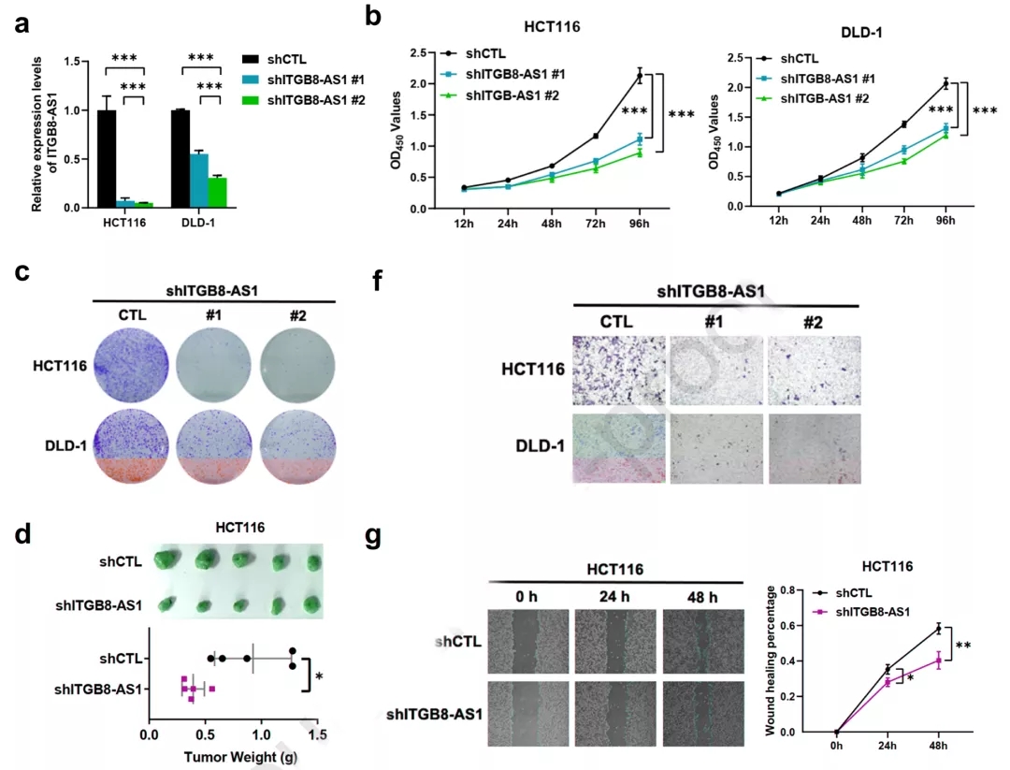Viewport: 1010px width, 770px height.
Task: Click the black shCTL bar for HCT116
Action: (107, 158)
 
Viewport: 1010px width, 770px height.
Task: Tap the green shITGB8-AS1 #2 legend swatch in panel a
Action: (250, 100)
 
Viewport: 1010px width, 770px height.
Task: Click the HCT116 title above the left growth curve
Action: (552, 27)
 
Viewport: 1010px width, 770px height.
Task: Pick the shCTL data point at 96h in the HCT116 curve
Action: (640, 76)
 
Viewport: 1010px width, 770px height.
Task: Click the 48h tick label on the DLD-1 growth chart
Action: (862, 221)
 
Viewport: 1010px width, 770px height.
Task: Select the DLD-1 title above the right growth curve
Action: (862, 32)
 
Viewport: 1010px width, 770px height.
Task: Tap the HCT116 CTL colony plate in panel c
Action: (132, 366)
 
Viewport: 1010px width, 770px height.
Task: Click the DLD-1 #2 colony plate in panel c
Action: (297, 446)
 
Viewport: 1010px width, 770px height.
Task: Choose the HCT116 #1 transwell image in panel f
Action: (716, 370)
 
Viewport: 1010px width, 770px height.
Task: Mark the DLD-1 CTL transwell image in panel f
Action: (619, 449)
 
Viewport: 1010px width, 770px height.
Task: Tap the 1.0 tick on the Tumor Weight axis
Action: (261, 734)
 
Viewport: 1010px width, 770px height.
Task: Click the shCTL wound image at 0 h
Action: (526, 642)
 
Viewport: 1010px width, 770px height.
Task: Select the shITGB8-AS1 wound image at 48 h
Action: (702, 714)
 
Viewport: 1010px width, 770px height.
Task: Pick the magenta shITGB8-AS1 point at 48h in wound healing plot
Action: (939, 660)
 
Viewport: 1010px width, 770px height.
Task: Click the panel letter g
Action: (373, 537)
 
